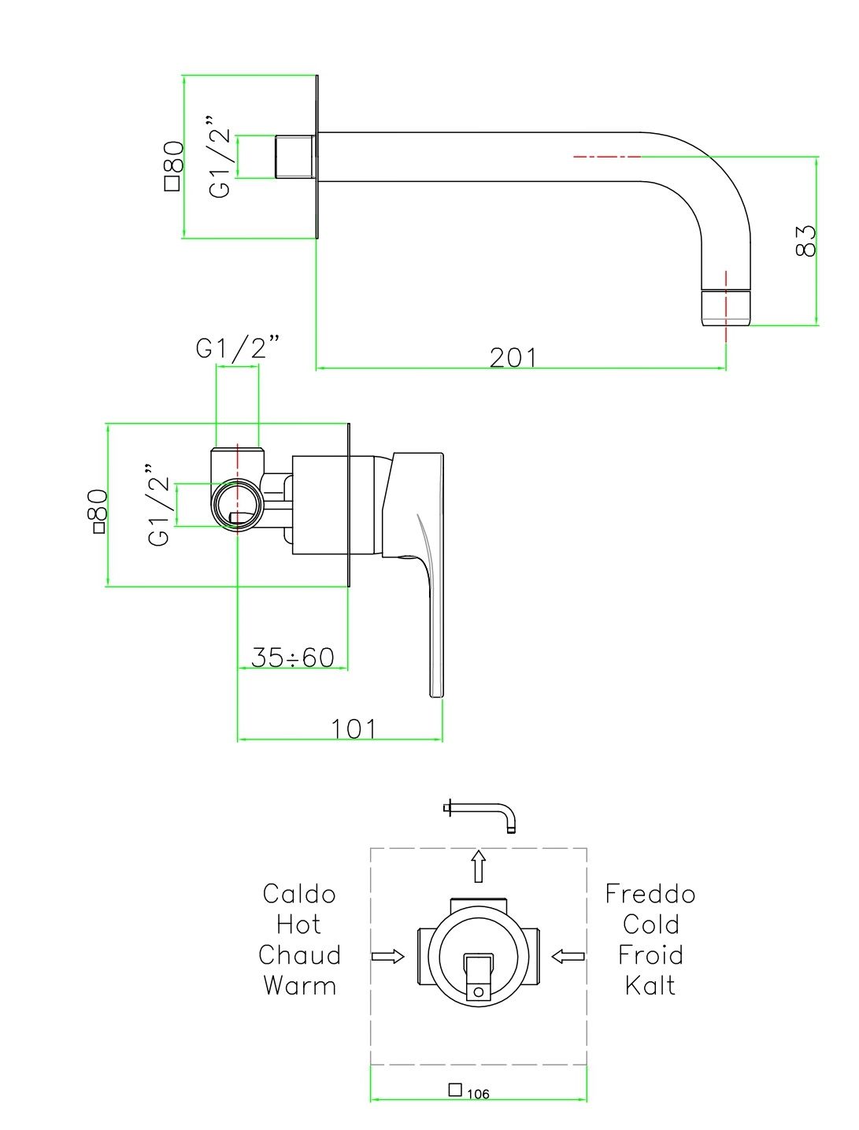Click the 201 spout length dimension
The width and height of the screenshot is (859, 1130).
513,358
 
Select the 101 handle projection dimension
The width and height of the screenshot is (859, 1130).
354,728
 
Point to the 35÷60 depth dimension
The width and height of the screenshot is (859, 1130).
293,657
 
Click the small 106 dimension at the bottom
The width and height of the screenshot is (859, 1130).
477,1094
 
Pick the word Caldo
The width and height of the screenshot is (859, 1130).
299,894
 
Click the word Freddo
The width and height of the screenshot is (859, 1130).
650,894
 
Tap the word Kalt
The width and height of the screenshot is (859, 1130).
650,985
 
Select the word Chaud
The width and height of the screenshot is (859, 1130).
299,955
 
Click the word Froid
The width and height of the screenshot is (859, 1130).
650,955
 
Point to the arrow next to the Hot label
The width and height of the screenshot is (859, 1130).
387,956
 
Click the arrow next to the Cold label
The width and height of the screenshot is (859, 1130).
568,956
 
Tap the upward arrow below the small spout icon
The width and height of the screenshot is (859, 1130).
478,865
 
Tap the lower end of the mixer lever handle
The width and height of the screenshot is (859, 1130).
436,689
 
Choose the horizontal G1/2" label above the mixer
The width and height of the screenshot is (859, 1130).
239,348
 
